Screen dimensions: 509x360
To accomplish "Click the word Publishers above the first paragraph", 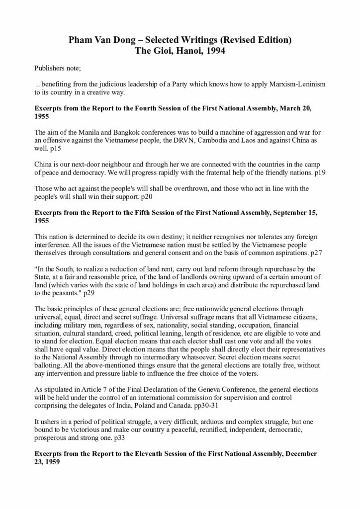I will (x=51, y=67).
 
